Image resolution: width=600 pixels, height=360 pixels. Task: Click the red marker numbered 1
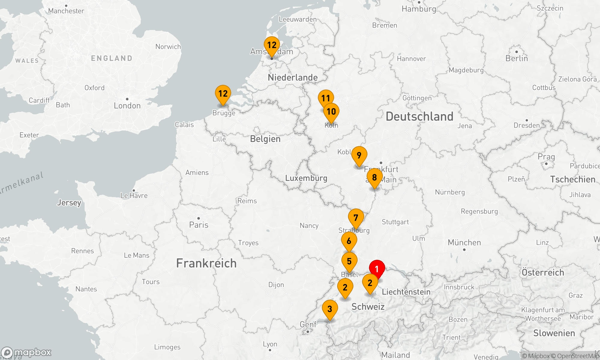tap(377, 269)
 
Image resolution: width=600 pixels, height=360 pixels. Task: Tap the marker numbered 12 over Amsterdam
tap(272, 45)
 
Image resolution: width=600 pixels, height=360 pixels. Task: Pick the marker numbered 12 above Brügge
tap(223, 94)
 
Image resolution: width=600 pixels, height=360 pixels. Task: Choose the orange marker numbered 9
tap(359, 155)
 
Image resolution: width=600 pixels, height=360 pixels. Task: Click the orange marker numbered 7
tap(356, 218)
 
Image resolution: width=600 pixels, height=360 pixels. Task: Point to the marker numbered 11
tap(325, 98)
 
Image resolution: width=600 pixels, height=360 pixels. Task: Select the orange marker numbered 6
tap(349, 241)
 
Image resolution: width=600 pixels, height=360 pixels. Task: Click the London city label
tap(127, 106)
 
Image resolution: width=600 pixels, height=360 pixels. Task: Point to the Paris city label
tap(199, 225)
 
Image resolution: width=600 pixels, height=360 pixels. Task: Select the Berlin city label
tap(517, 58)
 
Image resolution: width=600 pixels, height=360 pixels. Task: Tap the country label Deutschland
tap(419, 116)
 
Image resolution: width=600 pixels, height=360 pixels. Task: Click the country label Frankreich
tap(206, 263)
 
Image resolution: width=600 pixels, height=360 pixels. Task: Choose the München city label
tap(464, 242)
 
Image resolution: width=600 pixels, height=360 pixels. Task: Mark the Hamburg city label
tap(419, 9)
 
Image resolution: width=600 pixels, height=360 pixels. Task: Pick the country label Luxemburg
tap(306, 178)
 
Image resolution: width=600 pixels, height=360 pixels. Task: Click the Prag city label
tap(546, 157)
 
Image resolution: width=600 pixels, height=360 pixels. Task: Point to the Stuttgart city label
tap(395, 222)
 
